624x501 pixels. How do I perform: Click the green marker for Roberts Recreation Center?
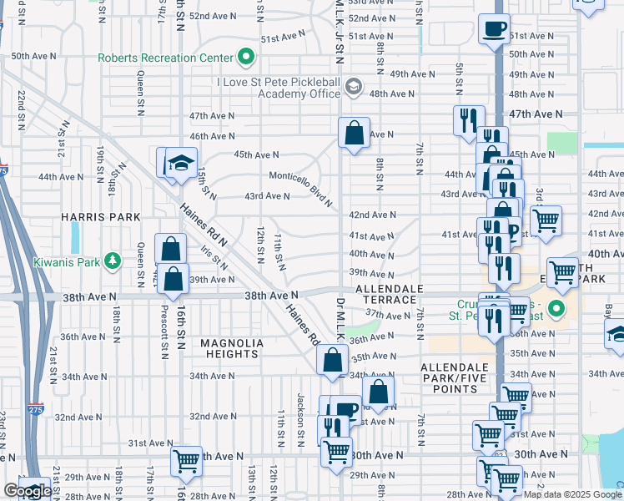click(x=246, y=58)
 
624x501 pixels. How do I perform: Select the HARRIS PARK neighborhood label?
click(x=101, y=216)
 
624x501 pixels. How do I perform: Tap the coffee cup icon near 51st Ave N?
click(x=495, y=30)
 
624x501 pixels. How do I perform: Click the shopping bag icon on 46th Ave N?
click(x=354, y=133)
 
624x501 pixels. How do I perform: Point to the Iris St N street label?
click(x=214, y=256)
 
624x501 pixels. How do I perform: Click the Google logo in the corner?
click(x=27, y=492)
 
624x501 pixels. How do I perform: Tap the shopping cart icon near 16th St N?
click(x=186, y=460)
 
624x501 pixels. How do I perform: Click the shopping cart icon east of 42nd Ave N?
click(x=546, y=221)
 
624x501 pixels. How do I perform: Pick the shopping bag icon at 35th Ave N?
click(x=332, y=360)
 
